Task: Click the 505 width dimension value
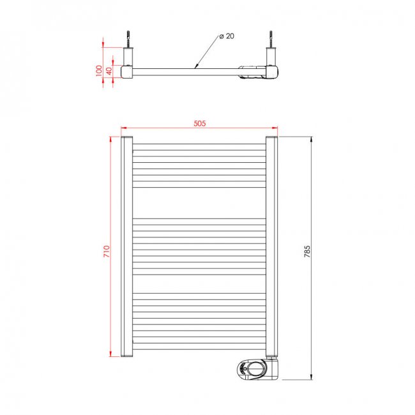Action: (x=199, y=124)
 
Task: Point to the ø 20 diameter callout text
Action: (x=227, y=36)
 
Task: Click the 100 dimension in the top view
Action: (x=98, y=70)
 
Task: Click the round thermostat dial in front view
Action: (x=252, y=368)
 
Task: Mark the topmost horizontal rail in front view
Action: (x=198, y=144)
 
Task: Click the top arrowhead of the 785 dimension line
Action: (x=311, y=139)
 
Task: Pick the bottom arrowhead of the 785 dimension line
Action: (x=311, y=378)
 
